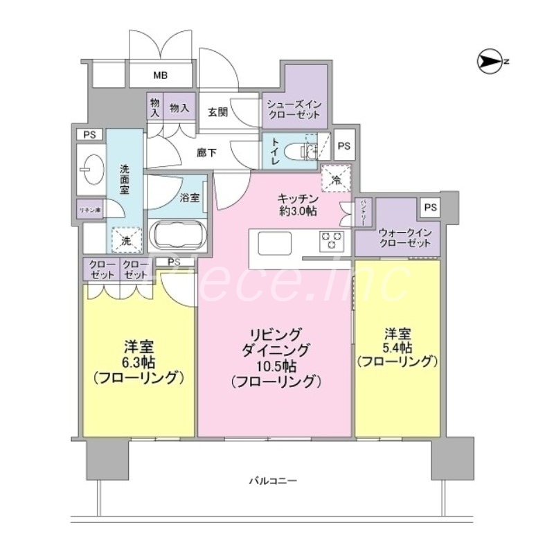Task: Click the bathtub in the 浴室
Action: click(177, 235)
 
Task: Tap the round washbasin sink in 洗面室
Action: click(90, 166)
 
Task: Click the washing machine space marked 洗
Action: click(127, 240)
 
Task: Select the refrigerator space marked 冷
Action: click(337, 178)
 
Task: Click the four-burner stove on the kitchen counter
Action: click(331, 242)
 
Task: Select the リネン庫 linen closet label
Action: click(89, 210)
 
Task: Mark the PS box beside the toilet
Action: click(344, 146)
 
